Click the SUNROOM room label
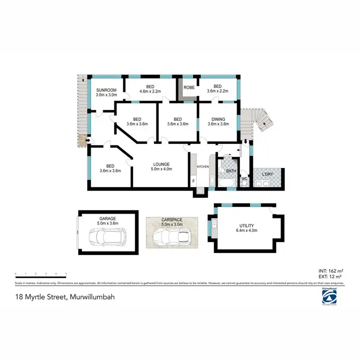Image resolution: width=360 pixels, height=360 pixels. pos(106,90)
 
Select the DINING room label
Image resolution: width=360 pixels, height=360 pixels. pos(216,119)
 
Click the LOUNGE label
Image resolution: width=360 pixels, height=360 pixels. pos(160,164)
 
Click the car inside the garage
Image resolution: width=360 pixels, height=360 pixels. pos(108,236)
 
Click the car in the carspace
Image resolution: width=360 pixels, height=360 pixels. pos(171,236)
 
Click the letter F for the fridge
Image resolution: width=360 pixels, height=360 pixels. pos(193,181)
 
